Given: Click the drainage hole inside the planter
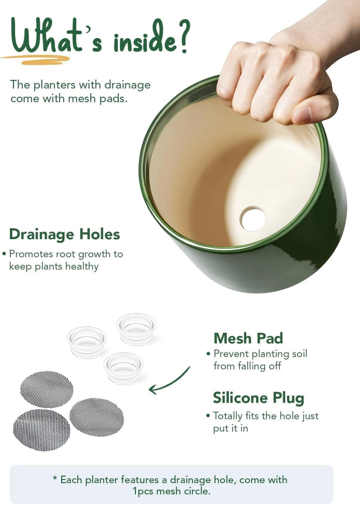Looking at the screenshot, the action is [252, 218].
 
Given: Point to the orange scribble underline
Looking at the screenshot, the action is [35, 59].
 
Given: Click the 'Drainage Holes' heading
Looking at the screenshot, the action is [64, 234].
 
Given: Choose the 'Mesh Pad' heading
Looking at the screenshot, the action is [248, 338].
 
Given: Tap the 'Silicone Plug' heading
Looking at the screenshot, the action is [258, 398].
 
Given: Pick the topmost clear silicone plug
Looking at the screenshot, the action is [136, 329].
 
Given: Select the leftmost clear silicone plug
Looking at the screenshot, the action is [87, 343].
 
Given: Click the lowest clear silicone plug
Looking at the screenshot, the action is [123, 369].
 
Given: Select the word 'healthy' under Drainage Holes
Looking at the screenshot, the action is [82, 267].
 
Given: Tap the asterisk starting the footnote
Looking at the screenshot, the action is [55, 477].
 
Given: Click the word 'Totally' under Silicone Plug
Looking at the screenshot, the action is [227, 416].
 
